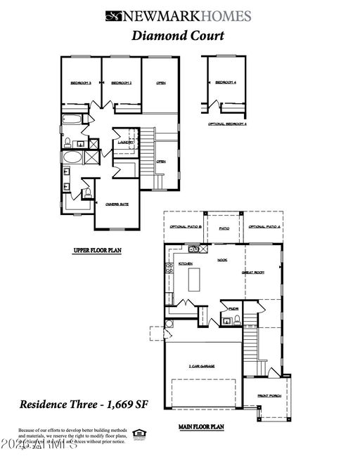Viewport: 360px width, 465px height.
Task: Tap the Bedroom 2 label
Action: (122, 84)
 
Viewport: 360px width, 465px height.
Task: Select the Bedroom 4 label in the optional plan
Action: (225, 83)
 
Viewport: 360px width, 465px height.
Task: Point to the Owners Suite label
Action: (117, 204)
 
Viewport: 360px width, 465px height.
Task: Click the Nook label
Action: (221, 260)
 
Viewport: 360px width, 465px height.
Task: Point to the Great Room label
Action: (252, 273)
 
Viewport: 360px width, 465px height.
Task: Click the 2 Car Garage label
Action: (200, 367)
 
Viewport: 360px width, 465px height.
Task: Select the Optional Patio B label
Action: (186, 228)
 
